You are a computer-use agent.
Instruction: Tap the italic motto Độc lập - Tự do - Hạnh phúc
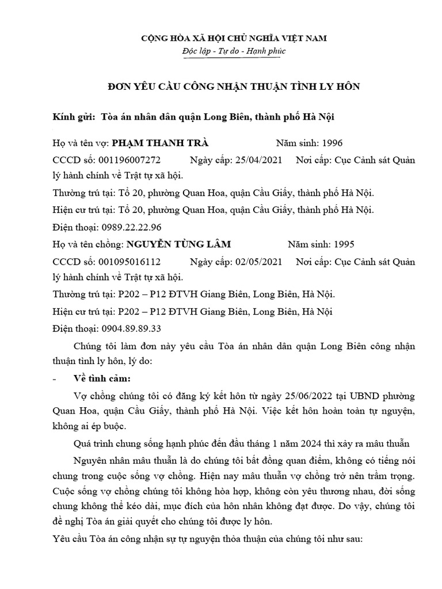click(233, 52)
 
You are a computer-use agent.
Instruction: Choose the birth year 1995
click(344, 244)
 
